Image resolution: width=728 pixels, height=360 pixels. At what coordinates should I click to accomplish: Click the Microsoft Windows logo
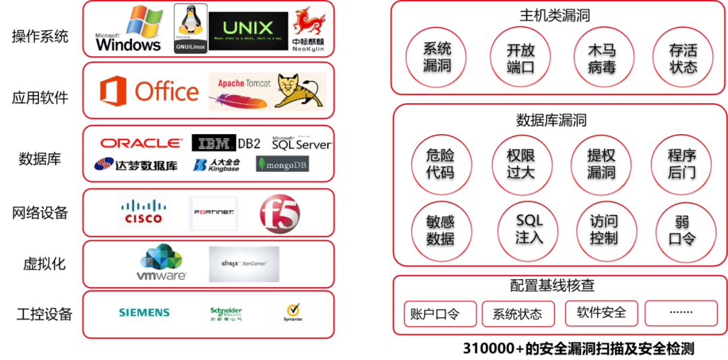130,29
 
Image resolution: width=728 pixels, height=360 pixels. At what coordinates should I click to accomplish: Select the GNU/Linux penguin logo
190,28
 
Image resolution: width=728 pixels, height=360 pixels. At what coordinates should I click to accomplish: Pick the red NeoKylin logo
308,29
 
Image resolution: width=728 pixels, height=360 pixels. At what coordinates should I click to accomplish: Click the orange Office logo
149,92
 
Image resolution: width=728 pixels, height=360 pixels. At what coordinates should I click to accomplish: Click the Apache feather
239,101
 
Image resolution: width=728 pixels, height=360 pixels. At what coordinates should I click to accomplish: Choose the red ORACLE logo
141,143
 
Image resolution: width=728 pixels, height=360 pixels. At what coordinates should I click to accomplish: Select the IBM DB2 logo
226,143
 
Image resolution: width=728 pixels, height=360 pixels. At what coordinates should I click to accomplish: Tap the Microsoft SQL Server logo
301,143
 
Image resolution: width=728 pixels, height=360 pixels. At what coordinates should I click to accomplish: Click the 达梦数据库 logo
135,164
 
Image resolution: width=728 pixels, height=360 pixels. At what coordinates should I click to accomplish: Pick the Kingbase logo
216,164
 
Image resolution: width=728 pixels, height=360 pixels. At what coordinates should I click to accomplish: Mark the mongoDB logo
282,164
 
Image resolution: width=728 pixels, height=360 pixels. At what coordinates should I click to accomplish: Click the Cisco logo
140,211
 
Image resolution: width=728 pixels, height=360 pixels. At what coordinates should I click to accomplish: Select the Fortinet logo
214,212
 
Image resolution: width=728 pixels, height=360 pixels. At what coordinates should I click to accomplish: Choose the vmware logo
160,263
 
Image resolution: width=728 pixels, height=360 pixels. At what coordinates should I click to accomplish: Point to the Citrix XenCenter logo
243,264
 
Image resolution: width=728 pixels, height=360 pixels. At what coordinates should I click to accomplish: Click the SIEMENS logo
144,313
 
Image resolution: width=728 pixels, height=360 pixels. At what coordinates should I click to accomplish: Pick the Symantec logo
292,313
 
